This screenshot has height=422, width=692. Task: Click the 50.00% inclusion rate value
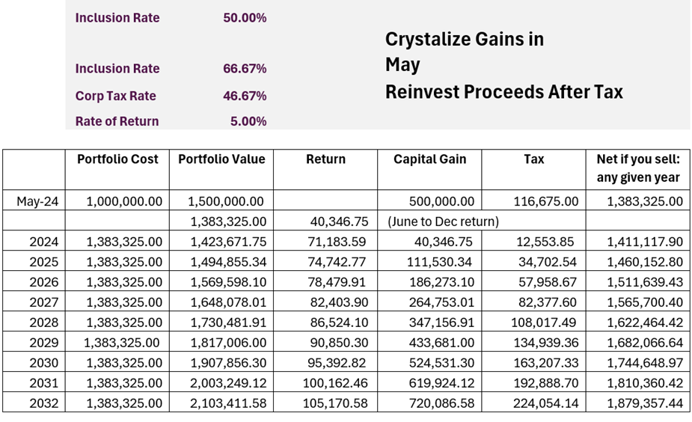[245, 18]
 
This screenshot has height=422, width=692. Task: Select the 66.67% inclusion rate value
[245, 69]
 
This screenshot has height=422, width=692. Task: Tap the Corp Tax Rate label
[115, 97]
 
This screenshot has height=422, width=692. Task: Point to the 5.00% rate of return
[248, 121]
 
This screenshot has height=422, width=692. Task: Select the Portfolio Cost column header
[117, 159]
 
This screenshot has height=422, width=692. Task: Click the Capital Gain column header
[430, 159]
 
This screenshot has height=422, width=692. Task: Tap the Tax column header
[534, 159]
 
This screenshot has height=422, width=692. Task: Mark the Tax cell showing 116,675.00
[545, 201]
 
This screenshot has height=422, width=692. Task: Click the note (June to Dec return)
[443, 221]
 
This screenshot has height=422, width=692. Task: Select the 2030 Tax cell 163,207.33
[545, 362]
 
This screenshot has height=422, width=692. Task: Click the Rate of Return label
[117, 121]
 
